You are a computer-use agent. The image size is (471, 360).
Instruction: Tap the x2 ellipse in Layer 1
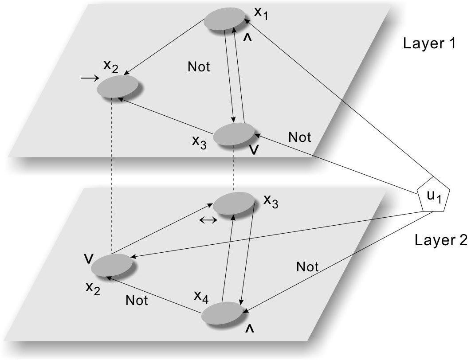118,86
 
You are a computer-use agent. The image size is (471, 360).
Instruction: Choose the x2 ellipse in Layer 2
112,265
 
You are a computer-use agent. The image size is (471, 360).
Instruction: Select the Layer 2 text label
440,240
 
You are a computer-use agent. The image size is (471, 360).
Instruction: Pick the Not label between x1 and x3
199,67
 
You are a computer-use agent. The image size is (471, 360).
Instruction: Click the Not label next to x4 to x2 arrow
137,300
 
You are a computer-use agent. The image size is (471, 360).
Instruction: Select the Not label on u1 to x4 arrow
307,267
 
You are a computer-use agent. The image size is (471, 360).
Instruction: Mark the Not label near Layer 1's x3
300,137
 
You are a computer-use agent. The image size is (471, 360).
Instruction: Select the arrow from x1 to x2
165,47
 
